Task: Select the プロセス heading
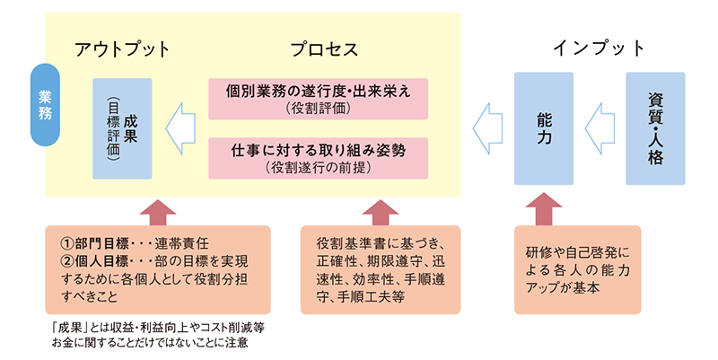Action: pos(324,48)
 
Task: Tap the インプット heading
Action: pos(600,48)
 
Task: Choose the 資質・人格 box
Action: pos(654,128)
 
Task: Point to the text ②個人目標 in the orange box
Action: pos(90,259)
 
